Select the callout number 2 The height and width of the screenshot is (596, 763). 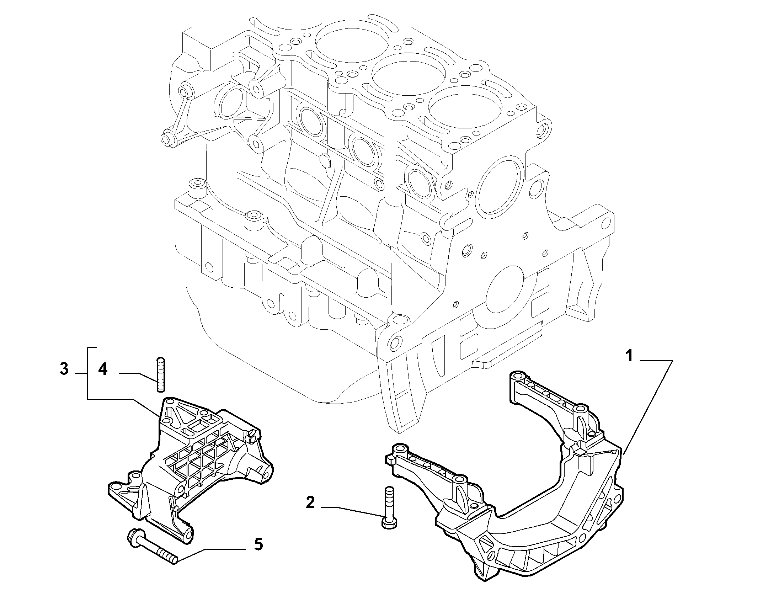pos(310,503)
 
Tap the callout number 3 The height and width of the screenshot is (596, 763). pos(64,369)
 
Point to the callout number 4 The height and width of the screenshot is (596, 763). pos(102,369)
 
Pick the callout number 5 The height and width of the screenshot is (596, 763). pos(258,554)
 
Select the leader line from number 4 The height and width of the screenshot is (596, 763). pos(138,378)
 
